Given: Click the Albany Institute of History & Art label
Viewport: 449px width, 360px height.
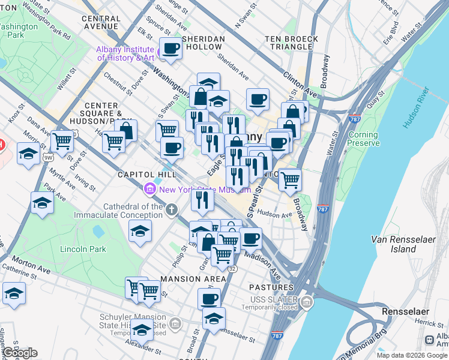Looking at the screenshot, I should (x=125, y=53).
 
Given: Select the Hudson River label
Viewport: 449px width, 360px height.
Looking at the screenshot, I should (x=416, y=108).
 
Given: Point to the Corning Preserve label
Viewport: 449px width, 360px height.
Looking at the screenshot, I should (x=363, y=139).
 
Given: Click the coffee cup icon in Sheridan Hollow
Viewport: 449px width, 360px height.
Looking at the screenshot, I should (x=170, y=49).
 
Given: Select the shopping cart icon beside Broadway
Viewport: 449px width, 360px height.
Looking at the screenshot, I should (x=290, y=179).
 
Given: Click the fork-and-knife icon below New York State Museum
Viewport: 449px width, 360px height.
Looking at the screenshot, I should (x=202, y=199).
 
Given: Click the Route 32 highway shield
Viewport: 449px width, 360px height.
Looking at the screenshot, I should (x=232, y=269).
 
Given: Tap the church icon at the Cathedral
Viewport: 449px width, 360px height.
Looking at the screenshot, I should (x=172, y=210).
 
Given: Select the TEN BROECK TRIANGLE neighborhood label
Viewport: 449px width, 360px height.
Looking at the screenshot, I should (x=291, y=44).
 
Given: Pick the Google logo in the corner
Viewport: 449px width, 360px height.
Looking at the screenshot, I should (x=20, y=353).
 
